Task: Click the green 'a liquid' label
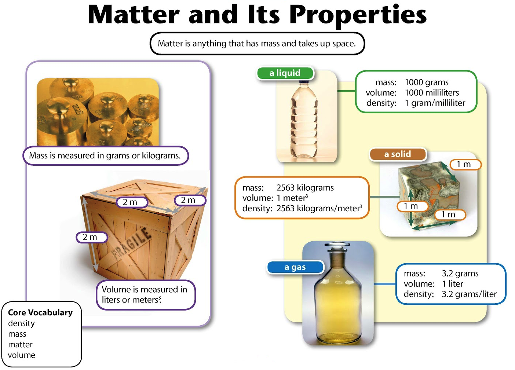285,73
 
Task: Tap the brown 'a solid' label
398,154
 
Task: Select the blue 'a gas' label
295,267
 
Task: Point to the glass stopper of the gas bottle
337,246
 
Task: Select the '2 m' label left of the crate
91,237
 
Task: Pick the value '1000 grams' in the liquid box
427,82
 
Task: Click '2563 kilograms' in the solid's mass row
305,188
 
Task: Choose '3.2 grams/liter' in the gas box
469,294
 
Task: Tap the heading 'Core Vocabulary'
40,312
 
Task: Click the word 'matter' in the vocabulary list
21,345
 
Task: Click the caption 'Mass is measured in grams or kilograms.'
105,155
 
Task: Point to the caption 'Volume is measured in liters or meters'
145,294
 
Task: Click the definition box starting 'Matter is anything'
257,44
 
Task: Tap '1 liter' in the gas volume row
452,284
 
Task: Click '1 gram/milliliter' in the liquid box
435,103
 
